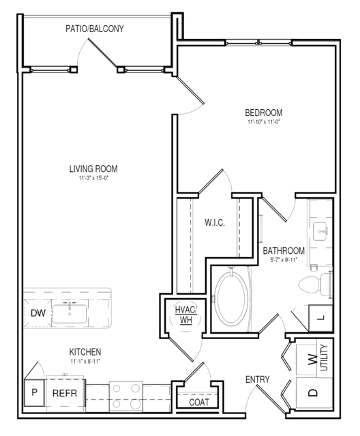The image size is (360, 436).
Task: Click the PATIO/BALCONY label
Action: click(x=95, y=29)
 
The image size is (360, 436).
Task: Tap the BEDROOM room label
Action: click(x=264, y=113)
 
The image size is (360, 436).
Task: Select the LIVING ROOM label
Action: click(x=93, y=169)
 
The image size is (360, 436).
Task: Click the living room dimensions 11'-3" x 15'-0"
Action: click(x=93, y=178)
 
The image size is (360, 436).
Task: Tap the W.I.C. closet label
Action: click(x=215, y=222)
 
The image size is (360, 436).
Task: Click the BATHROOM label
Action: click(x=284, y=251)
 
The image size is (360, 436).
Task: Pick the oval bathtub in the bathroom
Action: click(x=232, y=299)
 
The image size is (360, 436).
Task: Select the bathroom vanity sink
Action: click(x=321, y=231)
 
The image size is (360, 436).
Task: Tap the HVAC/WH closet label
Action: click(x=186, y=315)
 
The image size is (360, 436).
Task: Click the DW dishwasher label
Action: click(x=38, y=313)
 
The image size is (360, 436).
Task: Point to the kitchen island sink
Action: click(x=70, y=314)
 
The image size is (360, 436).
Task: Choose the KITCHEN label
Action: click(x=85, y=352)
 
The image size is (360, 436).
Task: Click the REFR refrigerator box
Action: click(x=65, y=393)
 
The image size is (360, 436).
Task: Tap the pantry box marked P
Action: click(x=35, y=392)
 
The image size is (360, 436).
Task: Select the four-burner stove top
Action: click(x=126, y=397)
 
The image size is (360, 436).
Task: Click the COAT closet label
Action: click(x=199, y=402)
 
